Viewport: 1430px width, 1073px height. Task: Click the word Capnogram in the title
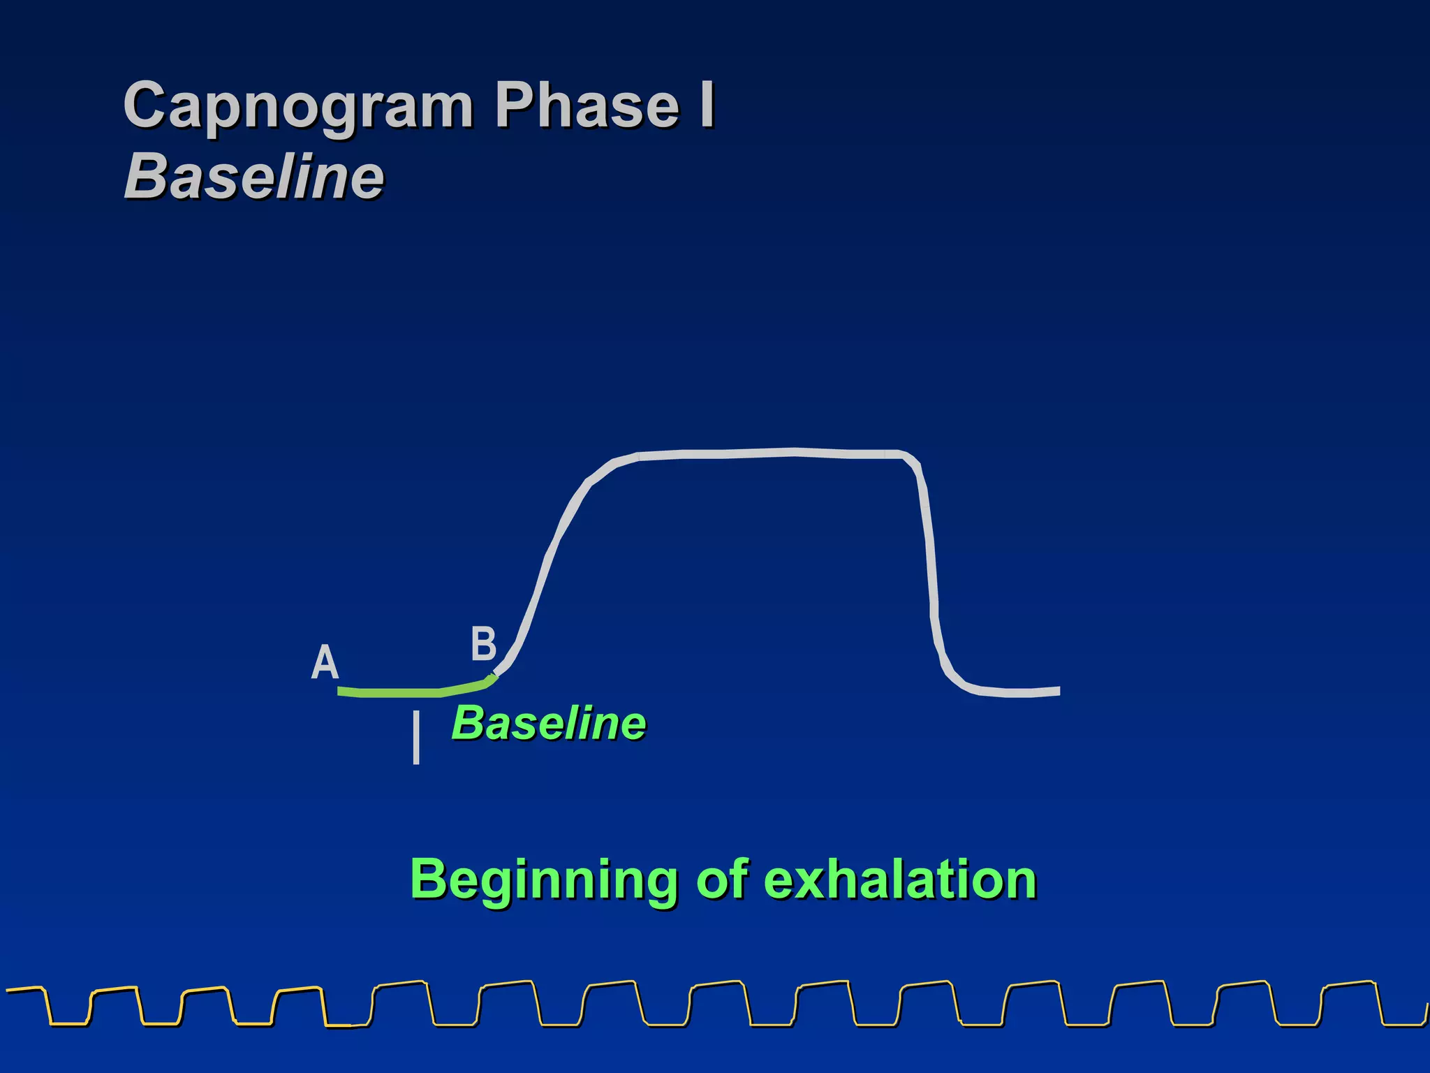[x=299, y=106]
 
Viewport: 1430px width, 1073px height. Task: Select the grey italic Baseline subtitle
[x=254, y=177]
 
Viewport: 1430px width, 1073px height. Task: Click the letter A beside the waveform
[x=325, y=662]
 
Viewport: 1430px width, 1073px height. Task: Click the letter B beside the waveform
[x=483, y=643]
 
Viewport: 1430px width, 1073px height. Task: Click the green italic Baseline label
[x=549, y=723]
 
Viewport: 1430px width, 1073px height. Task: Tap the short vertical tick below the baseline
[x=416, y=738]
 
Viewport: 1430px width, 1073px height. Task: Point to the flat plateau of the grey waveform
[x=768, y=453]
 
